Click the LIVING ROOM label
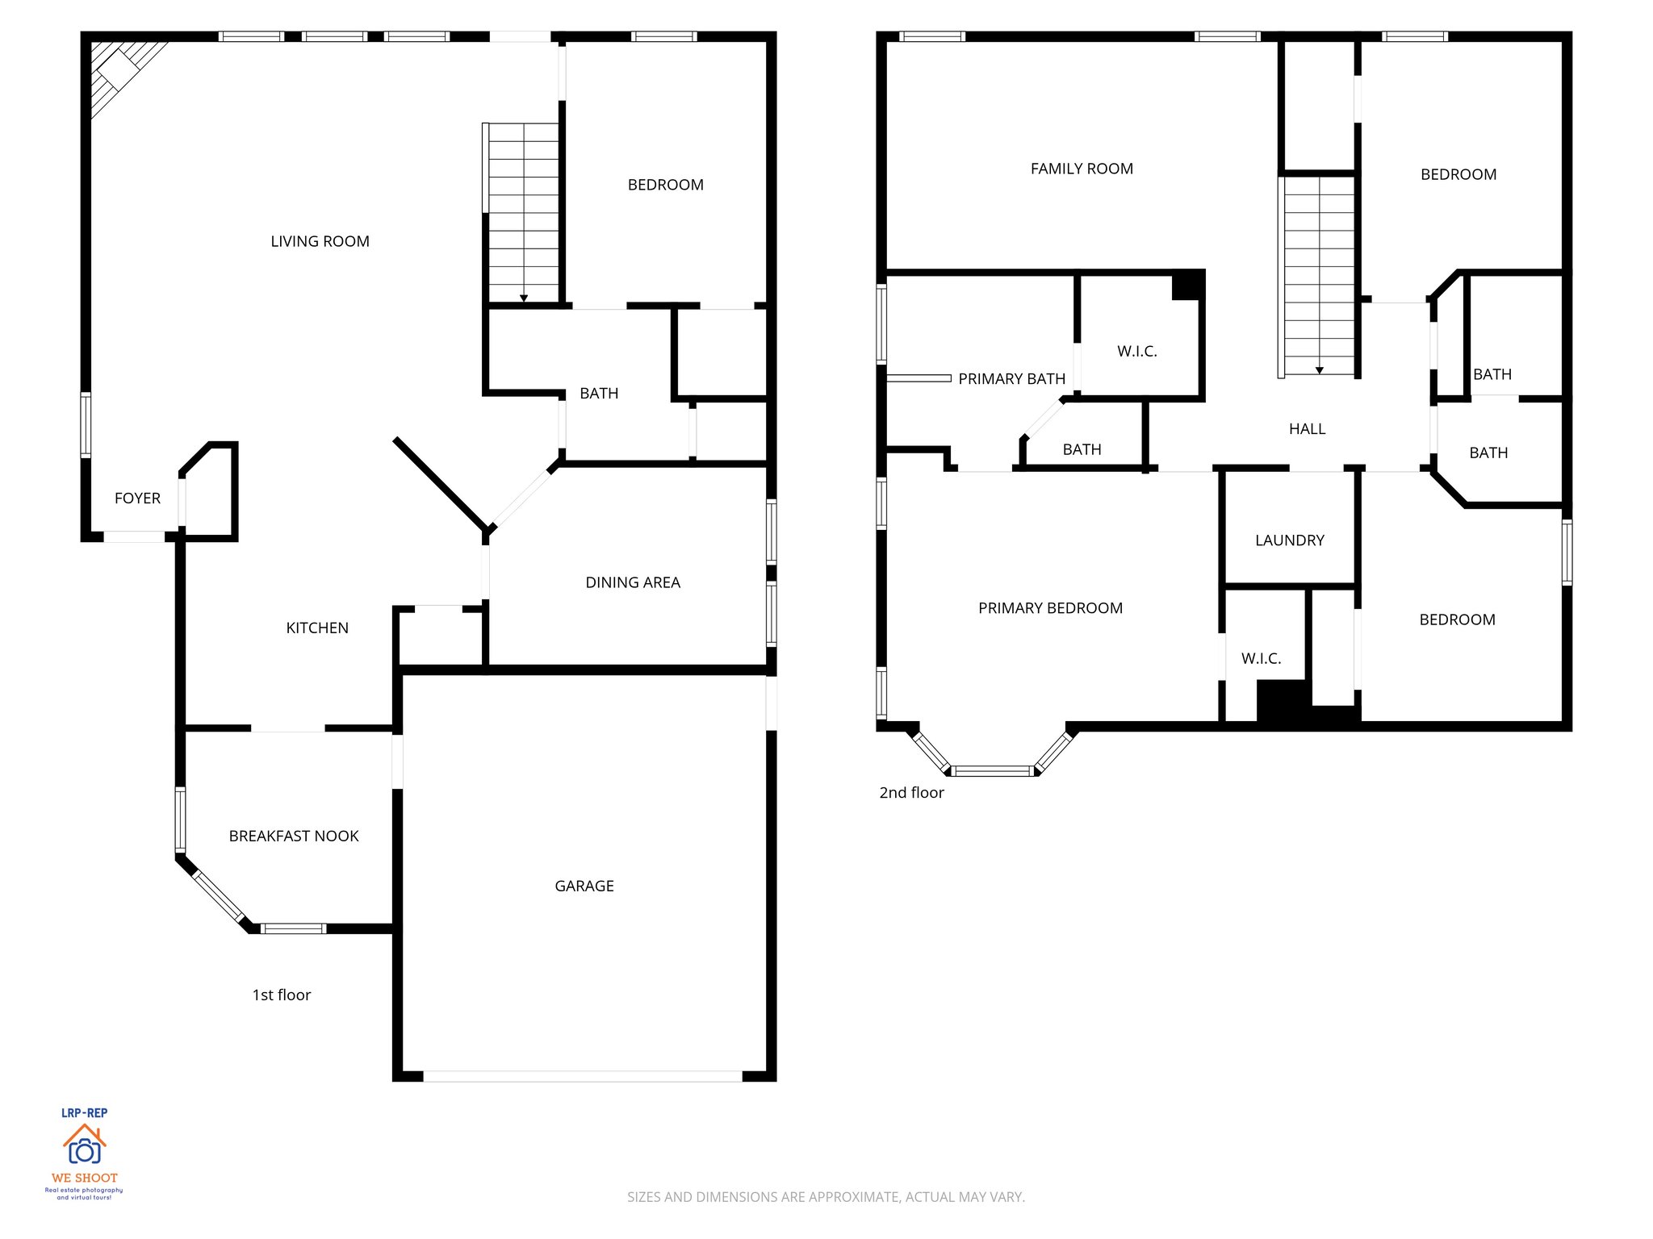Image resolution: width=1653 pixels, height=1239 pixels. (320, 241)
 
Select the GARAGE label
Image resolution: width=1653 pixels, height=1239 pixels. (584, 886)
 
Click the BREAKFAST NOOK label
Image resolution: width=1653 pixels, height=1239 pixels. (294, 836)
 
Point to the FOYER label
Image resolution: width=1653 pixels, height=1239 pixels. (137, 498)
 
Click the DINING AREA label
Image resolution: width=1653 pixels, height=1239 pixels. (633, 582)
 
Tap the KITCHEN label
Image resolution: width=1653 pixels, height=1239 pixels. (317, 628)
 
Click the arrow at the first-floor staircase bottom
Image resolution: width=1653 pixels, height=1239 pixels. (524, 298)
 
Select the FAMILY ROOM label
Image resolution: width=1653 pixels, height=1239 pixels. (1082, 169)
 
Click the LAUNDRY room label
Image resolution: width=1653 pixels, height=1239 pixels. (1290, 540)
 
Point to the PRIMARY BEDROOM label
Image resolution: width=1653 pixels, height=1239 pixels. (1050, 608)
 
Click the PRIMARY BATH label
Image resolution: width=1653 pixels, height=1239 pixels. (1011, 378)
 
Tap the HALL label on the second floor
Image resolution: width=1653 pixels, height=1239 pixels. (1307, 429)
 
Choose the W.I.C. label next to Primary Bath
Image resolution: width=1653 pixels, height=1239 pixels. (1137, 351)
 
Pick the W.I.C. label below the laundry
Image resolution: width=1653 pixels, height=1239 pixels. (1261, 658)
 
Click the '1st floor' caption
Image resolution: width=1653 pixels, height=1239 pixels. (281, 995)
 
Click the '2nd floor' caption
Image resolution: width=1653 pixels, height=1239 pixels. (911, 792)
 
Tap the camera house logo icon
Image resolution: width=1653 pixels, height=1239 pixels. (85, 1145)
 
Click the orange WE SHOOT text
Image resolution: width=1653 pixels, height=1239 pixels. (85, 1178)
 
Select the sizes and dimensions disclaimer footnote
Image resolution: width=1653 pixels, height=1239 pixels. (826, 1197)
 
